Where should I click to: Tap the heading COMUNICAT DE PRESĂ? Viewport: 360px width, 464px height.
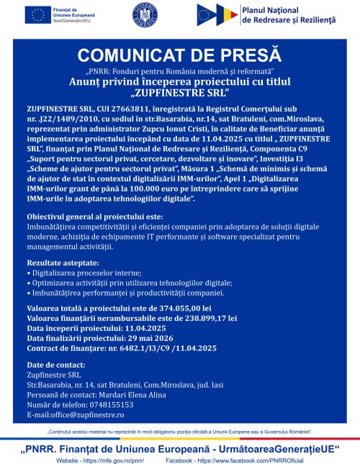pos(179,55)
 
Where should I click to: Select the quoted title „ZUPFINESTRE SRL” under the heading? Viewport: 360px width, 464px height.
pos(179,93)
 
